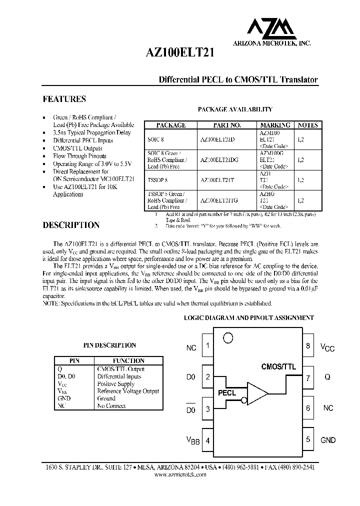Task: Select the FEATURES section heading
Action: [x=64, y=99]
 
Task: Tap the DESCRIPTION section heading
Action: [x=71, y=225]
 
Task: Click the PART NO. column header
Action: [x=227, y=125]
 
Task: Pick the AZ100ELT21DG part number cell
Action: [x=219, y=160]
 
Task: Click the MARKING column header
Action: [x=275, y=125]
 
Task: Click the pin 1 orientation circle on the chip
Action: [x=228, y=338]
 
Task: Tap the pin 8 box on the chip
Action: [x=308, y=346]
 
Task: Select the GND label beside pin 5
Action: [x=328, y=440]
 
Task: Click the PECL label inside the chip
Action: [x=227, y=393]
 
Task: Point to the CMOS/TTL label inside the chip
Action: [x=278, y=366]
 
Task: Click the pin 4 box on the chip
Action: [x=207, y=441]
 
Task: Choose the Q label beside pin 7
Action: [x=327, y=378]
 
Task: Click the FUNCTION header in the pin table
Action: [x=128, y=360]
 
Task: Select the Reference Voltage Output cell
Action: [x=128, y=391]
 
